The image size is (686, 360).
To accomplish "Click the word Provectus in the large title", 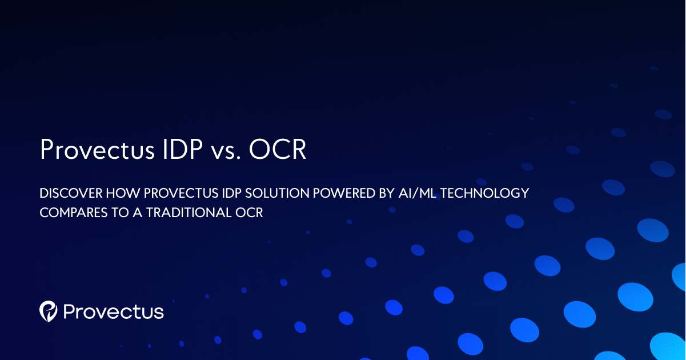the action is (97, 150).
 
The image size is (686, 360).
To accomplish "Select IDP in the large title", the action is (183, 149).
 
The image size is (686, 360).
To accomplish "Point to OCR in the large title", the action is (278, 149).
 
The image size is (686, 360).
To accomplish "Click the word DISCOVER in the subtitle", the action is (71, 193).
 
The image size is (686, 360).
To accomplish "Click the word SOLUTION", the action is (277, 193).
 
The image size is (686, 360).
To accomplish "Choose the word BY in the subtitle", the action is (387, 193).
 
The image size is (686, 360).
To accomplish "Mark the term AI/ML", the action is (417, 193).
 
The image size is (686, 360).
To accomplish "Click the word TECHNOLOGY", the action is (484, 193).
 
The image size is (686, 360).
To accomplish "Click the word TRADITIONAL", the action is (188, 213).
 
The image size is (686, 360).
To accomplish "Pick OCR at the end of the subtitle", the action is (249, 213).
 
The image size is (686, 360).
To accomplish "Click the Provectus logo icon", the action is (49, 311).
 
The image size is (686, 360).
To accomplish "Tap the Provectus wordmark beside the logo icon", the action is (113, 311).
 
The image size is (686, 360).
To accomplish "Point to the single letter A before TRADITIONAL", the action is (137, 213).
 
